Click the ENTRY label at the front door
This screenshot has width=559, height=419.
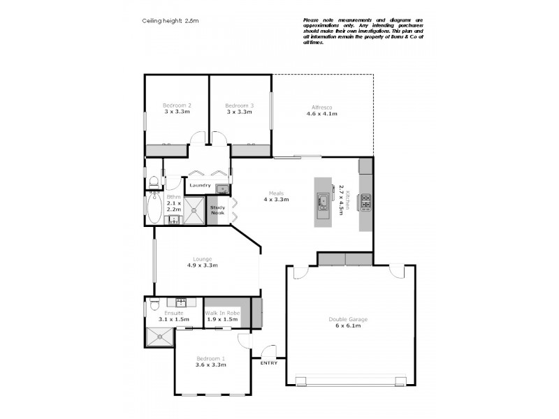[x=268, y=362]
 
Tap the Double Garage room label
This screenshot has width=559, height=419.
[x=348, y=323]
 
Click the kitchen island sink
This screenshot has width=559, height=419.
[x=324, y=203]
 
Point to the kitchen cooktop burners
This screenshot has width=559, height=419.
[x=365, y=202]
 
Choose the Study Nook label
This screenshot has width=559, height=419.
[x=218, y=209]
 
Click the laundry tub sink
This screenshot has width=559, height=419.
[x=221, y=188]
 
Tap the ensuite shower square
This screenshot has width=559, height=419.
[x=159, y=337]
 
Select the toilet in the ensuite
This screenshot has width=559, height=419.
[x=153, y=302]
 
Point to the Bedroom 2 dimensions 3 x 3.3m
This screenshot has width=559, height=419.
[x=177, y=112]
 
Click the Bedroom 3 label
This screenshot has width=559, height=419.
[x=239, y=105]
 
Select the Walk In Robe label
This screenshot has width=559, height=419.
[x=222, y=313]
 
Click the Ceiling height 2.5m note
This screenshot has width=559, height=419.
[x=170, y=22]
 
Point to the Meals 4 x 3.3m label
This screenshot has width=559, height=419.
[x=276, y=196]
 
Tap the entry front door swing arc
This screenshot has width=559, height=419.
[x=267, y=351]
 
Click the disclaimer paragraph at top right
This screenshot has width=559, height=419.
[x=363, y=31]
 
